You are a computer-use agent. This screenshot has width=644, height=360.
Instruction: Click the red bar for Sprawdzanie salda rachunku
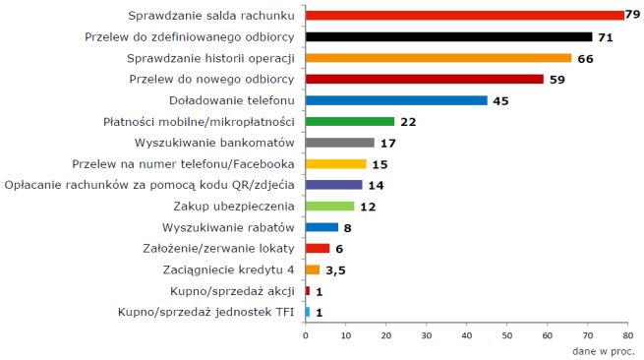(464, 16)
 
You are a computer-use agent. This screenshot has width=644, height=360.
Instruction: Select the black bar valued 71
(448, 37)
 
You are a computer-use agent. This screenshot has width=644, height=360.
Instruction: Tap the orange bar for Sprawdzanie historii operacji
(438, 58)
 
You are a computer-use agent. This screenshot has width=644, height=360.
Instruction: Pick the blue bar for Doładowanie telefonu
(396, 100)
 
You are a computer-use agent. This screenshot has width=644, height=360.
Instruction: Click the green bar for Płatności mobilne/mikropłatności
(349, 121)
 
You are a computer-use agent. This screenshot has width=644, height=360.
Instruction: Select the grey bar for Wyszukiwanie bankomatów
(339, 143)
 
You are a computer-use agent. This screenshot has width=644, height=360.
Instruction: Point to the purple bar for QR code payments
(333, 185)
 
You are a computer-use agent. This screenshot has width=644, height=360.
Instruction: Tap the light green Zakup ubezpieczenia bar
(329, 206)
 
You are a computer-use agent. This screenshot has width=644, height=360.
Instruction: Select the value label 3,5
(335, 270)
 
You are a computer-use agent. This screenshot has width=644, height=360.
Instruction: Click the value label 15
(378, 164)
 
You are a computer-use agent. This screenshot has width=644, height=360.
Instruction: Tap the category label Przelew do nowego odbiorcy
(220, 79)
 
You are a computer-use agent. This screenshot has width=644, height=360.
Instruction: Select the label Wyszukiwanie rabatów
(236, 227)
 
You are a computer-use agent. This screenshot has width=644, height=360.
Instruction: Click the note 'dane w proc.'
(603, 350)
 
